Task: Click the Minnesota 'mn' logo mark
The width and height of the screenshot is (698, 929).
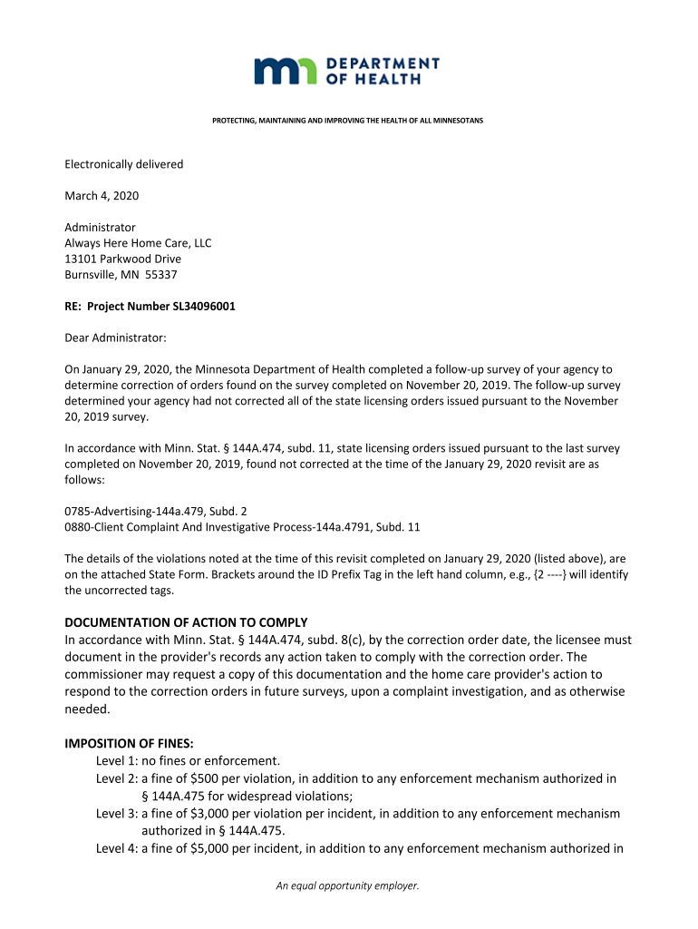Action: pos(285,71)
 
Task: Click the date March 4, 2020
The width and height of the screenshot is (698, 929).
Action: pos(102,196)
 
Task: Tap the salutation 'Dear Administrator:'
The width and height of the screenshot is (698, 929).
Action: pos(115,337)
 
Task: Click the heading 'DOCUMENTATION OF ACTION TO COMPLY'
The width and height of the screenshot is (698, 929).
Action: pos(186,622)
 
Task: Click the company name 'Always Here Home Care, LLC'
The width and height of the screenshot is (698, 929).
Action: pos(138,243)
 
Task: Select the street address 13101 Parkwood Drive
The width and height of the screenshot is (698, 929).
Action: pos(122,259)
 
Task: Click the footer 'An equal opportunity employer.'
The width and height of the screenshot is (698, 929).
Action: pos(348,886)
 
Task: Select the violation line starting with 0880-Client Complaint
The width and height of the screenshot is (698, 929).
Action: pos(242,526)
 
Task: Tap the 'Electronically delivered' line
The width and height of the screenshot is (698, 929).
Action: pos(123,164)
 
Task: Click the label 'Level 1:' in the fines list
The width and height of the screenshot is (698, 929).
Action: pos(118,761)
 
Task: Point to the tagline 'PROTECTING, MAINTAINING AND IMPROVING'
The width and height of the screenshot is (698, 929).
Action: pos(348,121)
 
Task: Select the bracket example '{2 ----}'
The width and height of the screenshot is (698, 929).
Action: pos(541,574)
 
